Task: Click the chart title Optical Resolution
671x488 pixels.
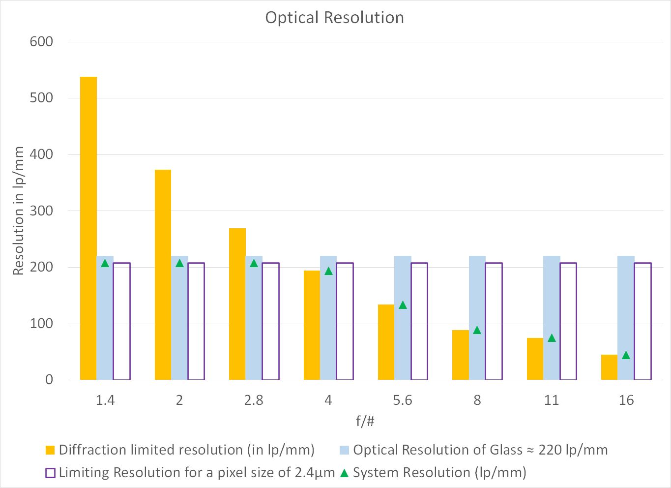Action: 334,18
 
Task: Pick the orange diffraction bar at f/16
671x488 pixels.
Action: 609,367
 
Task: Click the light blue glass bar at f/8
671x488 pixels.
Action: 477,318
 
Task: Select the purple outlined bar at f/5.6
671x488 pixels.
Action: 419,321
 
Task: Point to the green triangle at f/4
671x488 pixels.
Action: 328,271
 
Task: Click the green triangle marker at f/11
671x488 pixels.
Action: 552,338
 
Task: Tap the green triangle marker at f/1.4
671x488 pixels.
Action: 105,263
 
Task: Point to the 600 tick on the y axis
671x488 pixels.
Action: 41,42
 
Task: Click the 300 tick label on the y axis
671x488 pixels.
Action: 41,211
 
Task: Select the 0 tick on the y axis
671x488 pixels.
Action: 49,380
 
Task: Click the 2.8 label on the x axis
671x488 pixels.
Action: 254,400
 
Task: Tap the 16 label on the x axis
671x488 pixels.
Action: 626,400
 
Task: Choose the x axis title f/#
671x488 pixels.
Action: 365,422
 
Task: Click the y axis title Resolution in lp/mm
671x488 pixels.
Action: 19,211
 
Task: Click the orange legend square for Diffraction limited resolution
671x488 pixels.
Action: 50,450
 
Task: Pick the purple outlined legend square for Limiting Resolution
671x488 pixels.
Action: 50,473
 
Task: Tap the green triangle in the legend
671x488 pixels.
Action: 344,473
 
